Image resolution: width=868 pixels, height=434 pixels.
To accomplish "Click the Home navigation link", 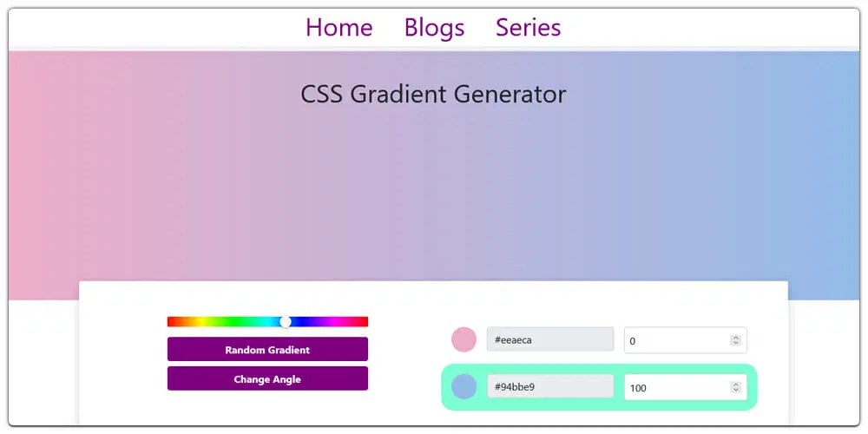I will pyautogui.click(x=339, y=28).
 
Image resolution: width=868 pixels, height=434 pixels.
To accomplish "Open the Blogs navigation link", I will pyautogui.click(x=434, y=28).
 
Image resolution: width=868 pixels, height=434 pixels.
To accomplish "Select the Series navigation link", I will pyautogui.click(x=528, y=28).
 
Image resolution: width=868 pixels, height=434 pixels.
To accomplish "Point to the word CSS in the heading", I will pyautogui.click(x=321, y=94).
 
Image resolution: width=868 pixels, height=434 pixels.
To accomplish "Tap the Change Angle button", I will pyautogui.click(x=267, y=379).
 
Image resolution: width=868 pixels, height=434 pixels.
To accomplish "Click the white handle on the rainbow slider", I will pyautogui.click(x=286, y=322).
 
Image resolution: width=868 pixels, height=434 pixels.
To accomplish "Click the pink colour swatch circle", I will pyautogui.click(x=464, y=340).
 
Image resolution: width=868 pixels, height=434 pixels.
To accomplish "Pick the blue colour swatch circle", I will pyautogui.click(x=464, y=387).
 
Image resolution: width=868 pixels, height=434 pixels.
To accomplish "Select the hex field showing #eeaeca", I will pyautogui.click(x=550, y=340).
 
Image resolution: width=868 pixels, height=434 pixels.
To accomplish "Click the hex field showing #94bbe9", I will pyautogui.click(x=550, y=387).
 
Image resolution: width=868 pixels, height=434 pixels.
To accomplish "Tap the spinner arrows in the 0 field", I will pyautogui.click(x=735, y=340).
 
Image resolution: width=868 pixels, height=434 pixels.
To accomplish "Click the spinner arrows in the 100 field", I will pyautogui.click(x=735, y=387).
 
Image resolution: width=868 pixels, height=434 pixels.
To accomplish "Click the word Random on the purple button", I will pyautogui.click(x=244, y=350).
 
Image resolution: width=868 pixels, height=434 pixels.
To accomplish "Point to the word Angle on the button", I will pyautogui.click(x=286, y=379).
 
